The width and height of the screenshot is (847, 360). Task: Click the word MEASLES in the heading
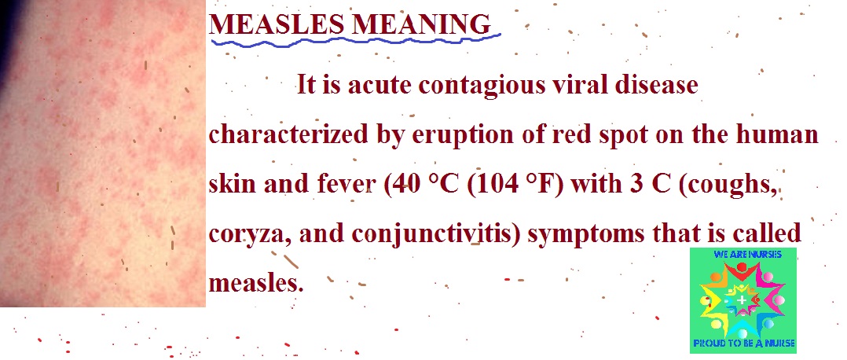[x=277, y=24]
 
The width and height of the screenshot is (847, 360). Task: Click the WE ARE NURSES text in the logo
[x=742, y=254]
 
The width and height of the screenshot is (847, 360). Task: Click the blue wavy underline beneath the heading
[x=355, y=41]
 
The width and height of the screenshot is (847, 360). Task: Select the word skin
[x=233, y=184]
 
